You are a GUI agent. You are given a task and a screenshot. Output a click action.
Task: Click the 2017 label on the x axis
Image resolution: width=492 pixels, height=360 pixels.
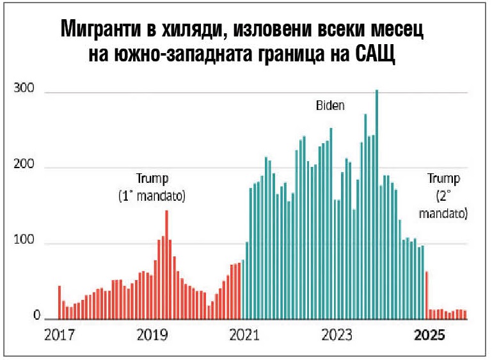[60, 336]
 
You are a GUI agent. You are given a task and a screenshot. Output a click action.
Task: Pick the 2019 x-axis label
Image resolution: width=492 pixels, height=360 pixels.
[152, 336]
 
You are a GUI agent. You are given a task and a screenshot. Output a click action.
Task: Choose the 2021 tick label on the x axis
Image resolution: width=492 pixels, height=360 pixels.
[243, 336]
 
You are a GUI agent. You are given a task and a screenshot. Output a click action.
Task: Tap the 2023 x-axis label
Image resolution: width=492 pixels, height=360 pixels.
[336, 336]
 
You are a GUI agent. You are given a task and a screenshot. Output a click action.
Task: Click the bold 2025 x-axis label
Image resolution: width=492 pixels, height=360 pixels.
[427, 336]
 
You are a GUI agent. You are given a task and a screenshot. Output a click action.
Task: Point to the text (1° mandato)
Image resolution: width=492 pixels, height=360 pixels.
[152, 196]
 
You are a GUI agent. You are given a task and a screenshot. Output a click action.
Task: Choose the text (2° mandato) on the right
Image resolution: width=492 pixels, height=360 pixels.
[443, 203]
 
